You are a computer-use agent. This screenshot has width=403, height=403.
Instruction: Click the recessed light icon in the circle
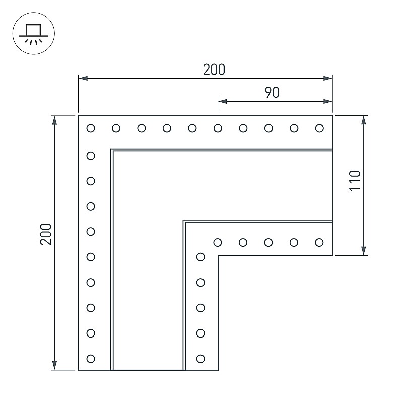click(x=33, y=33)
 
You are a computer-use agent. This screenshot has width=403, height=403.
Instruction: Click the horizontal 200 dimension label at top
click(x=214, y=70)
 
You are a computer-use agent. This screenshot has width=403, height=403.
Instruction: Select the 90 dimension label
click(x=272, y=93)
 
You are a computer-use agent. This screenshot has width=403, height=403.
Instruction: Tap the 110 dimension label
click(x=355, y=180)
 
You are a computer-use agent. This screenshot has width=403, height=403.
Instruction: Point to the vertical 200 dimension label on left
click(x=46, y=234)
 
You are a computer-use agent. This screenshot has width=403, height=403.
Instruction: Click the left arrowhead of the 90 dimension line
click(x=222, y=102)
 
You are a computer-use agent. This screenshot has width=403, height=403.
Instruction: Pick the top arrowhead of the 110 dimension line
click(x=363, y=120)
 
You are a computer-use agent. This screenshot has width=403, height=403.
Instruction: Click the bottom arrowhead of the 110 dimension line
click(x=363, y=251)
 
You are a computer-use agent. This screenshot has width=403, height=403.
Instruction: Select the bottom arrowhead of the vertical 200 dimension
click(x=54, y=365)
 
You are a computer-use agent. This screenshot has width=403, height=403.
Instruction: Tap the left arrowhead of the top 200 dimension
click(x=83, y=78)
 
